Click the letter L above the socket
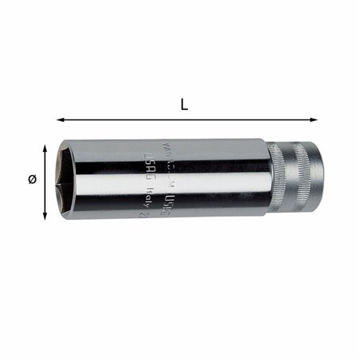pos(184,104)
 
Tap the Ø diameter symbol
pos(32,180)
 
